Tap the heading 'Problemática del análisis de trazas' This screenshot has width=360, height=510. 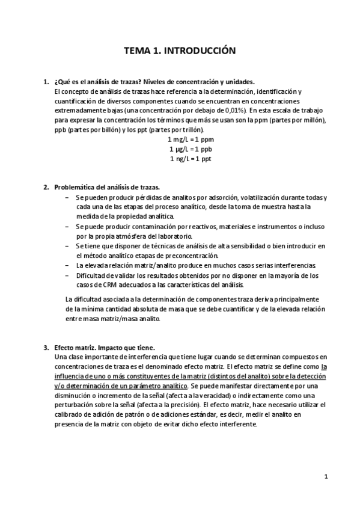107,187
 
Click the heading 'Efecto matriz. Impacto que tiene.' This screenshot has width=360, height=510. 104,348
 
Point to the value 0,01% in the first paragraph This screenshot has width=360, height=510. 233,111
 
